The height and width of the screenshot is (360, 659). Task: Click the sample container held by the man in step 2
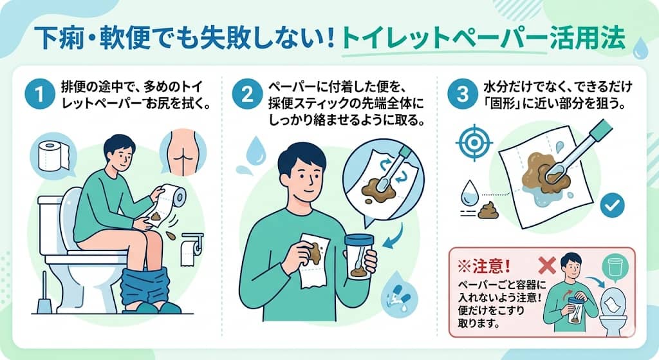(360, 258)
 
